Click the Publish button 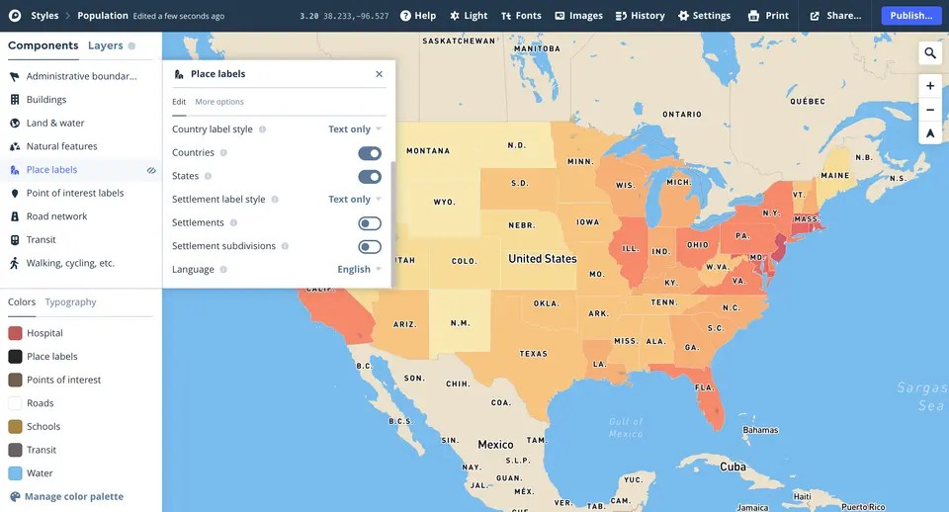tap(910, 16)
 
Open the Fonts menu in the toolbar tap(521, 16)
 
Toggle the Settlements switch tap(370, 223)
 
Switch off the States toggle tap(370, 177)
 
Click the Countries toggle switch tap(370, 153)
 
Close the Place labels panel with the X tap(379, 74)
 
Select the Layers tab tap(106, 45)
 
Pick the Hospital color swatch tap(16, 333)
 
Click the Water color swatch tap(16, 473)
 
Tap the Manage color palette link tap(74, 496)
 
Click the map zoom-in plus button tap(930, 86)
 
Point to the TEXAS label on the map tap(533, 354)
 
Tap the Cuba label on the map tap(733, 467)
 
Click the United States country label tap(543, 259)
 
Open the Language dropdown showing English tap(359, 270)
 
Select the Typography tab tap(70, 302)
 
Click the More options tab tap(219, 102)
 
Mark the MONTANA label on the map tap(428, 151)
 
